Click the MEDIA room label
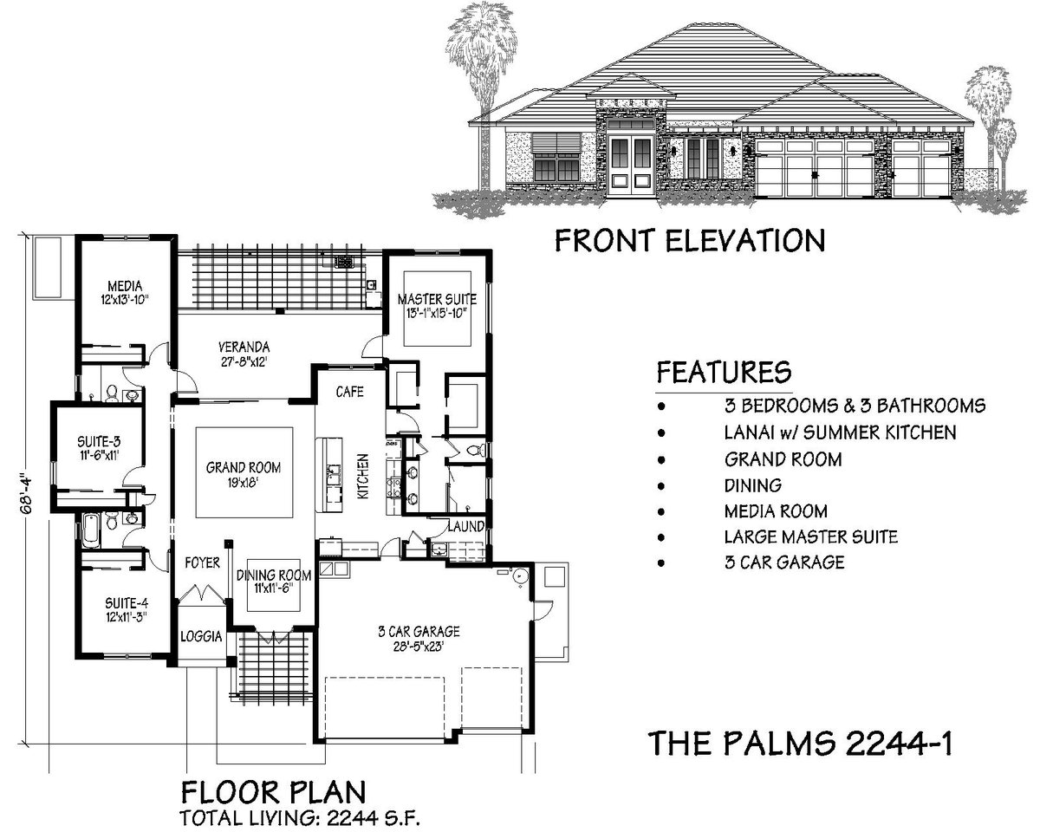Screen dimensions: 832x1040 [x=124, y=285]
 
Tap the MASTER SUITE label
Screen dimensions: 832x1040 [x=437, y=300]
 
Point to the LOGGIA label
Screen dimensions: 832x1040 [x=202, y=635]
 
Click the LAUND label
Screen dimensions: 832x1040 [x=465, y=526]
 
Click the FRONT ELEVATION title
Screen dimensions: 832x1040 [x=689, y=239]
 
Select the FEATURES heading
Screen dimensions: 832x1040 [x=724, y=372]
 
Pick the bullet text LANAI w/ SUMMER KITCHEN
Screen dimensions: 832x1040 [x=840, y=432]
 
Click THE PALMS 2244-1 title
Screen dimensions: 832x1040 [x=802, y=743]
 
